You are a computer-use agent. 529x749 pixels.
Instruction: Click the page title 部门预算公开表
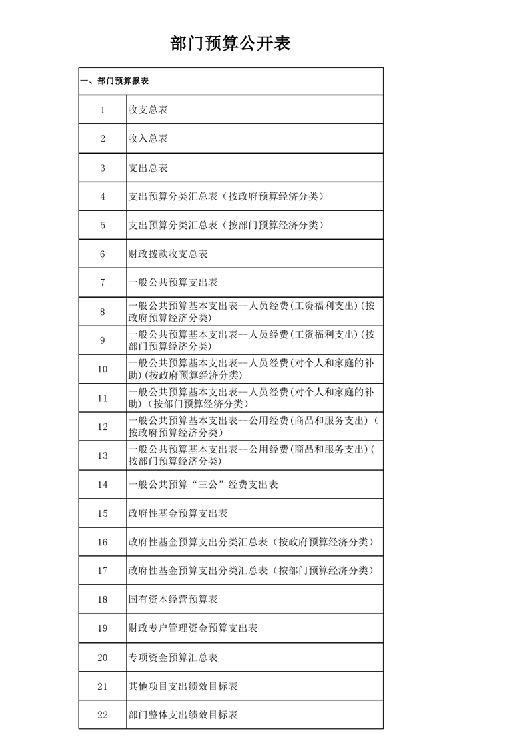pyautogui.click(x=230, y=45)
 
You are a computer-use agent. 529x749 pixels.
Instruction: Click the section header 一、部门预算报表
pyautogui.click(x=114, y=81)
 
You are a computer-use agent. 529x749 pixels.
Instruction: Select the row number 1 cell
pyautogui.click(x=103, y=110)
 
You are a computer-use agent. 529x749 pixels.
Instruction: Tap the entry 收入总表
pyautogui.click(x=148, y=139)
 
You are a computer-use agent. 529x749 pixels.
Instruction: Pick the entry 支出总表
pyautogui.click(x=148, y=168)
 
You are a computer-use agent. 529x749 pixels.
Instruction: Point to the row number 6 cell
pyautogui.click(x=103, y=254)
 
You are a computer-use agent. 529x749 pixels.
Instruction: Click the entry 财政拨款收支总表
pyautogui.click(x=168, y=254)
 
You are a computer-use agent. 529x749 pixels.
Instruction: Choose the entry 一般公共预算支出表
pyautogui.click(x=173, y=283)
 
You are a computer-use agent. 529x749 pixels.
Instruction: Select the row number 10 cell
pyautogui.click(x=103, y=369)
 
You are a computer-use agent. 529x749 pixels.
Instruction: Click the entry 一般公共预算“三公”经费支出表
pyautogui.click(x=203, y=485)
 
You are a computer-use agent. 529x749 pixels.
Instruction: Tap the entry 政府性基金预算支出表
pyautogui.click(x=178, y=513)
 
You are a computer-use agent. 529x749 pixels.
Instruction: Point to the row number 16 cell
pyautogui.click(x=103, y=542)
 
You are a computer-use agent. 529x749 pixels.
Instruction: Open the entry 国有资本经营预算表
pyautogui.click(x=173, y=599)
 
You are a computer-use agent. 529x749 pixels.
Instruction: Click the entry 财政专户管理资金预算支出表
pyautogui.click(x=193, y=628)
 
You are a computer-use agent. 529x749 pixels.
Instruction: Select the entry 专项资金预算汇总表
pyautogui.click(x=173, y=658)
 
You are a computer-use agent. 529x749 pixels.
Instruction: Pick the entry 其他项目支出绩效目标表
pyautogui.click(x=183, y=686)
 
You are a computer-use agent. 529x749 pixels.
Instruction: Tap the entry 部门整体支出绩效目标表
pyautogui.click(x=183, y=715)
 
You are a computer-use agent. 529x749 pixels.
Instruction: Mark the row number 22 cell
pyautogui.click(x=103, y=715)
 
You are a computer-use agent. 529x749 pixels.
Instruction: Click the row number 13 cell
pyautogui.click(x=103, y=456)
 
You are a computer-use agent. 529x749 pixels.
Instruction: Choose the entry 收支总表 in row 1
pyautogui.click(x=148, y=110)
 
